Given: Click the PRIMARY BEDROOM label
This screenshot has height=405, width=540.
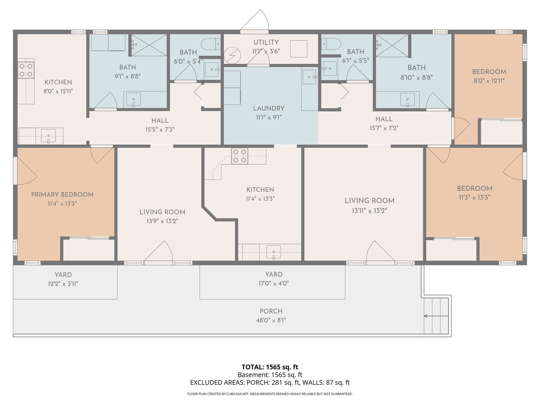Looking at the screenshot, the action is click(x=62, y=195).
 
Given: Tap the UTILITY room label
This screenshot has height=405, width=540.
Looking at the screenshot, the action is click(x=266, y=42).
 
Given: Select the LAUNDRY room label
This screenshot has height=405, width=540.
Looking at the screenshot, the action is click(x=268, y=108).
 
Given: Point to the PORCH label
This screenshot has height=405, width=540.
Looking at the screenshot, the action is click(x=271, y=311).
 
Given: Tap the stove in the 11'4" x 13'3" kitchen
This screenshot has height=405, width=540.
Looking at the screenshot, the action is click(x=240, y=156).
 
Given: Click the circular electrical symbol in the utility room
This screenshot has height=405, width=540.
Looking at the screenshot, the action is click(x=232, y=55).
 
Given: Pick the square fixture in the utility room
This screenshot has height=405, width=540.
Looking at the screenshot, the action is click(x=298, y=49).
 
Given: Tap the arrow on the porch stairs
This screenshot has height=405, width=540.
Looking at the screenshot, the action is click(x=436, y=316).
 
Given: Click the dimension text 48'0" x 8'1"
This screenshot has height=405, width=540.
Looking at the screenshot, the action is click(x=271, y=320).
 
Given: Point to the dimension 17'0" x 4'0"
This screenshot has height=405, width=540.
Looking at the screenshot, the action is click(x=274, y=283).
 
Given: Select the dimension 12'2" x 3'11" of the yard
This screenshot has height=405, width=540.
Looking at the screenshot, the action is click(x=63, y=284).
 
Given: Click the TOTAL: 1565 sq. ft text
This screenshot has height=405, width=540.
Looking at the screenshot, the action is click(x=270, y=367).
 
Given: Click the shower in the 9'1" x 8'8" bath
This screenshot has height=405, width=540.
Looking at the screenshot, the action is click(x=149, y=45).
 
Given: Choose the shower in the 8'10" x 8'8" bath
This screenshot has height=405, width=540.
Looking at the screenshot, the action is click(x=392, y=45).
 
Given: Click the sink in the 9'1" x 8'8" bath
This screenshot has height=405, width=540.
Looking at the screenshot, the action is click(x=133, y=99).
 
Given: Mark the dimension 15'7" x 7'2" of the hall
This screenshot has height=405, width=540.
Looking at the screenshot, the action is click(x=384, y=128).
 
